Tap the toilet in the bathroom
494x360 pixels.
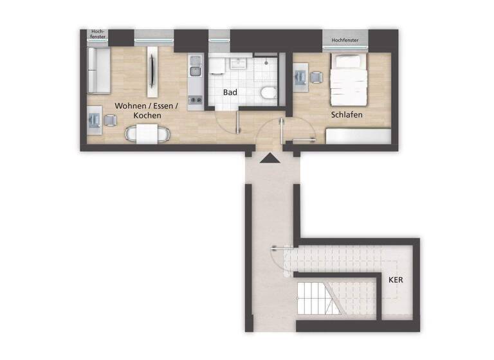click(268, 94)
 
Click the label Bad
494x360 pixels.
click(230, 93)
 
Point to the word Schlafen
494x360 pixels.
click(347, 115)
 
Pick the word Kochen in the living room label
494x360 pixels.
click(147, 115)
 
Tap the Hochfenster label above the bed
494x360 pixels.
click(347, 40)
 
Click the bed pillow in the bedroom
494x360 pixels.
click(348, 62)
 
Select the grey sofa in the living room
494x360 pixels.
click(98, 69)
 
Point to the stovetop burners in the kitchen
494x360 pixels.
click(196, 100)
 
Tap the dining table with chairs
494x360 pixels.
click(149, 134)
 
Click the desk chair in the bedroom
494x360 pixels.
click(316, 77)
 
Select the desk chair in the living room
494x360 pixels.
click(111, 120)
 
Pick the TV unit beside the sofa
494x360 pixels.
click(152, 69)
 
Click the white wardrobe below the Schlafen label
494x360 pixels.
click(358, 136)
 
